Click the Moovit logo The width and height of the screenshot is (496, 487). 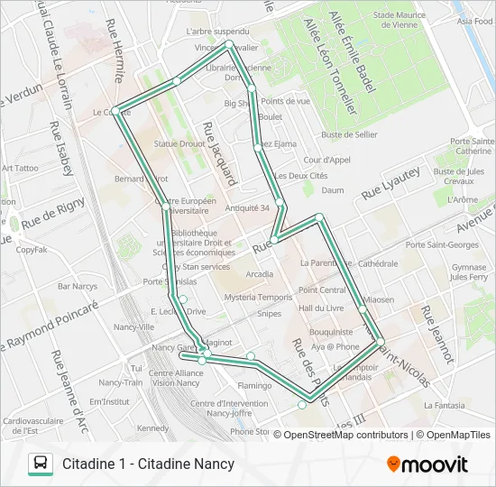pyautogui.click(x=427, y=464)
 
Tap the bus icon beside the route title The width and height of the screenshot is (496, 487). pyautogui.click(x=41, y=464)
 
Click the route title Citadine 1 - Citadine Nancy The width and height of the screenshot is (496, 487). pyautogui.click(x=149, y=464)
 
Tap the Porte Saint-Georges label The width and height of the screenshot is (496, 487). pyautogui.click(x=451, y=244)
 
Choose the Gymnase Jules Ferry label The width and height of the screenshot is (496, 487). pyautogui.click(x=469, y=271)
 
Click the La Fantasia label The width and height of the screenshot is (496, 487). pyautogui.click(x=448, y=406)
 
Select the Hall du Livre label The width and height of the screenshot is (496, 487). pyautogui.click(x=321, y=308)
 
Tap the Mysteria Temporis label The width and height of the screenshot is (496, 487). pyautogui.click(x=258, y=297)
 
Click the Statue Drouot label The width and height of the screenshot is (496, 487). pyautogui.click(x=179, y=143)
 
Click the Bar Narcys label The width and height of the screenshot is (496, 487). pyautogui.click(x=77, y=286)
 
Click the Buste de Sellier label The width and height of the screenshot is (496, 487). pyautogui.click(x=349, y=134)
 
